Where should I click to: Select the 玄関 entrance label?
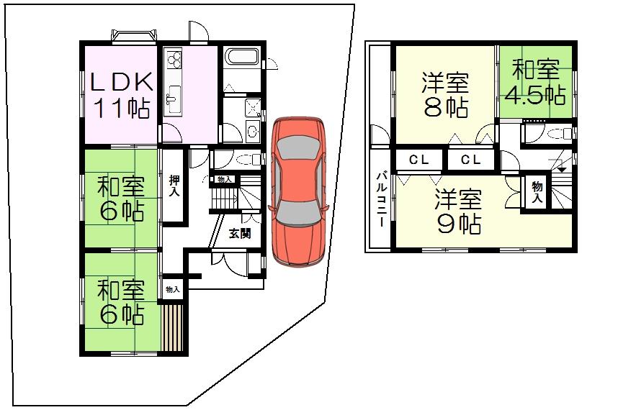tap(240, 233)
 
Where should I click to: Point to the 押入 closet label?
tap(174, 186)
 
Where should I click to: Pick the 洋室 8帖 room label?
tap(445, 95)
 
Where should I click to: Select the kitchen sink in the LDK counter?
tap(174, 97)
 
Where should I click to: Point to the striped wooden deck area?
tap(173, 328)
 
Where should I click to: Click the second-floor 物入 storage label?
tap(537, 191)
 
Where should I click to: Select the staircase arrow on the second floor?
tap(562, 170)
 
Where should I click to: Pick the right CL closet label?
tap(470, 160)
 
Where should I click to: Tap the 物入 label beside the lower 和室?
tap(173, 289)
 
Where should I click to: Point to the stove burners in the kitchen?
tap(174, 59)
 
